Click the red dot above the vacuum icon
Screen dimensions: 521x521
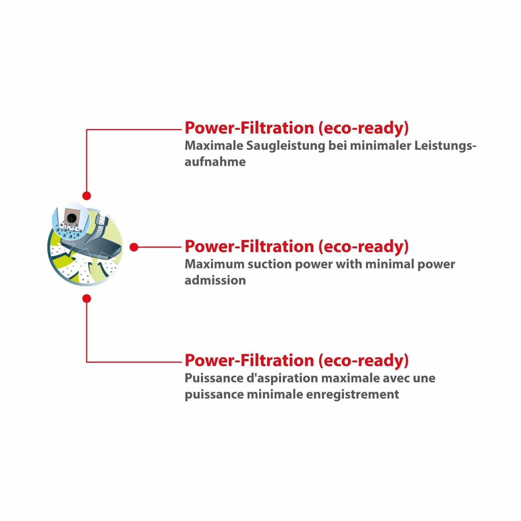point(87,195)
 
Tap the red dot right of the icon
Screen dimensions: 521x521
point(134,247)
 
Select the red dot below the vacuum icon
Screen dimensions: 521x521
point(87,299)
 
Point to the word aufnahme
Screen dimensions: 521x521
point(215,162)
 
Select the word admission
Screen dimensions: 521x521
point(215,280)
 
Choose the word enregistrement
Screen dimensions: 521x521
point(352,395)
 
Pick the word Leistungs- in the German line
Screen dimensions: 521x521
point(445,146)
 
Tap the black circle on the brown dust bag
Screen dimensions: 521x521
point(72,218)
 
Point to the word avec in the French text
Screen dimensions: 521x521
point(396,378)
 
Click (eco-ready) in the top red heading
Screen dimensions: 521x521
point(363,128)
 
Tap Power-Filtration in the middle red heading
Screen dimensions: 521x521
point(249,246)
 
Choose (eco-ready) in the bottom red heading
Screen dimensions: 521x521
point(363,361)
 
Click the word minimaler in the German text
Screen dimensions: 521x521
point(381,146)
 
